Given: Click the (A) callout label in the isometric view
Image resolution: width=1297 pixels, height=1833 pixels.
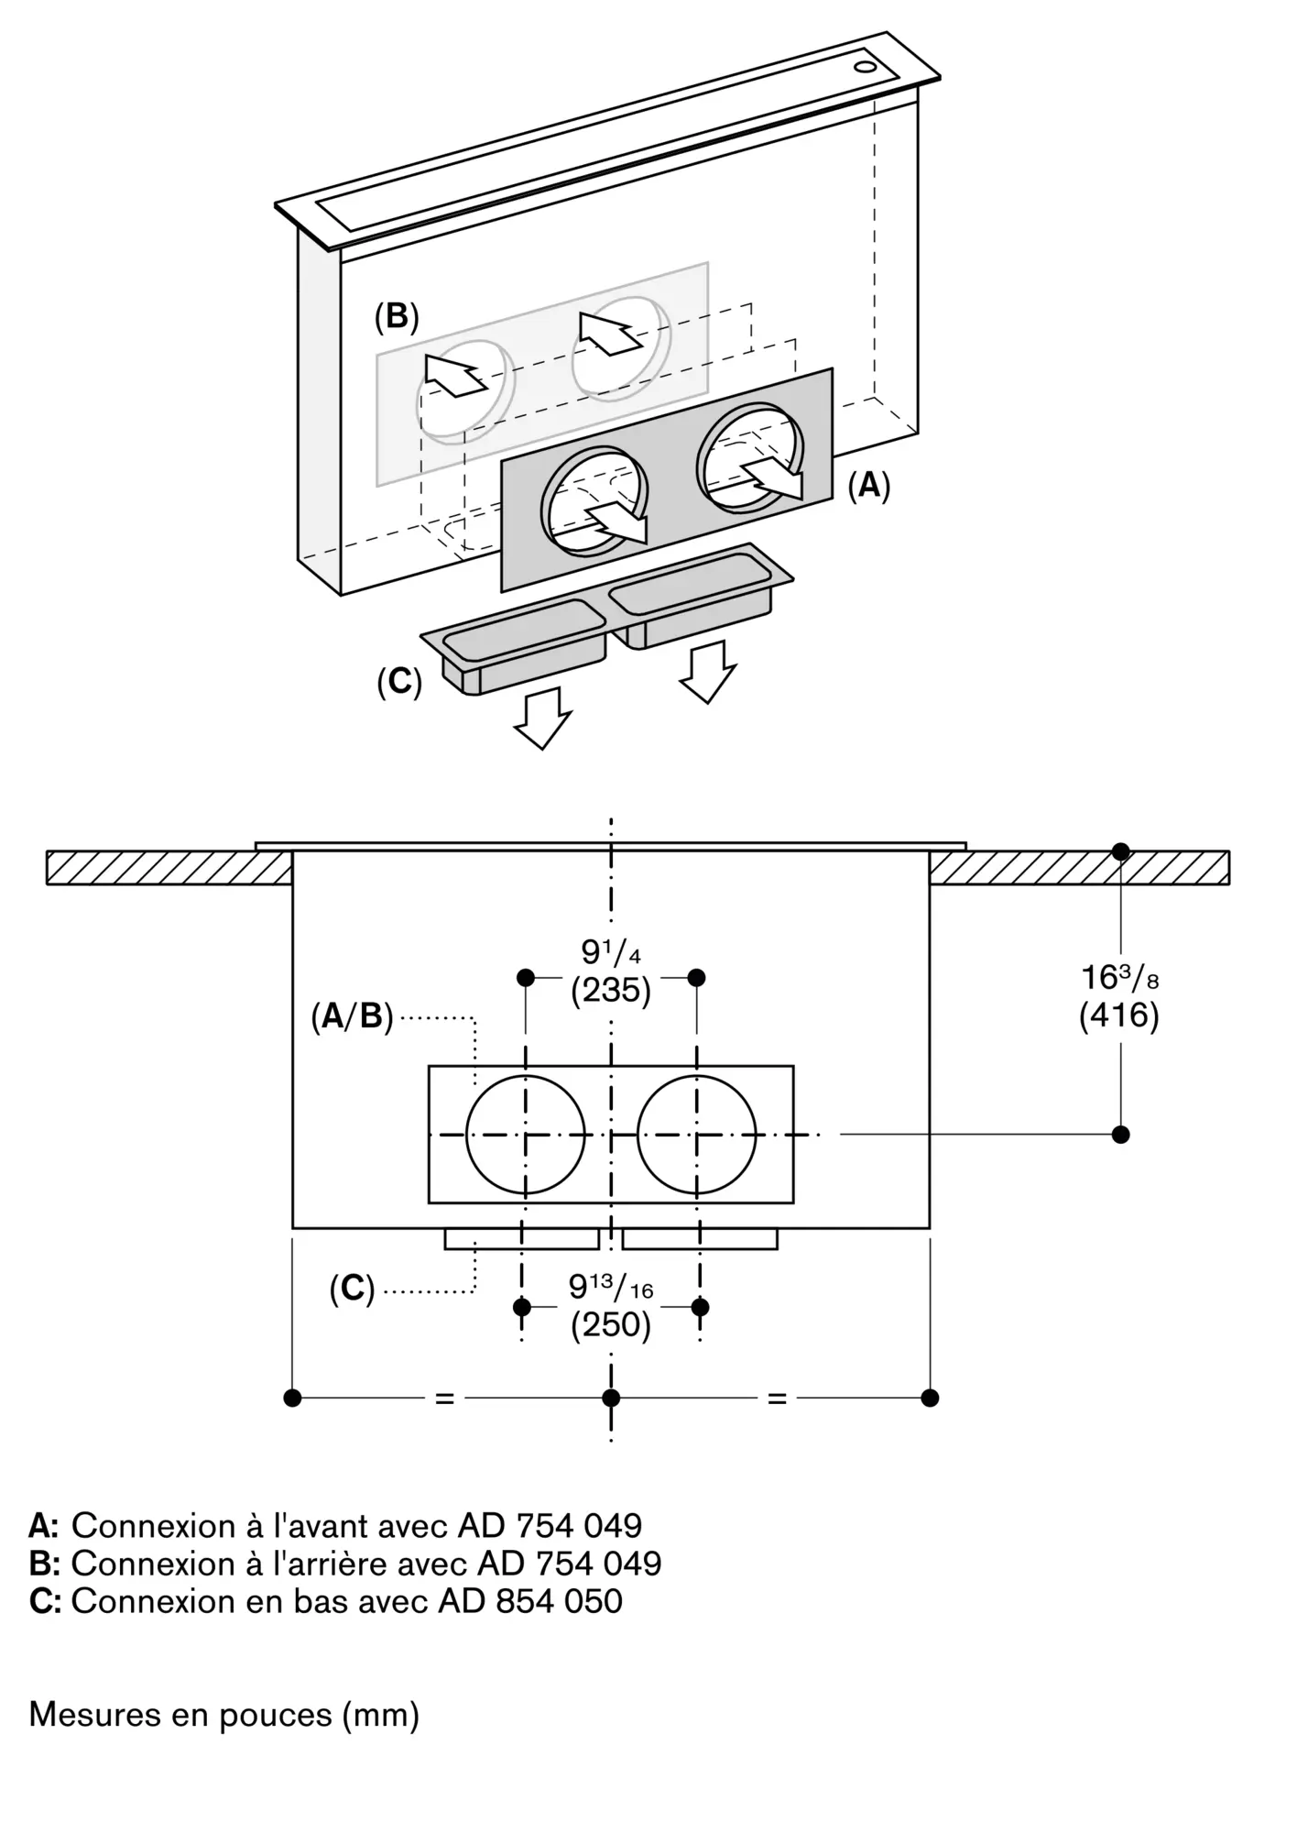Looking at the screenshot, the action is pyautogui.click(x=868, y=486).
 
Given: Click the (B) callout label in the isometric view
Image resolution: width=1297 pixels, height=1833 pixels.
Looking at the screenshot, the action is pyautogui.click(x=397, y=316).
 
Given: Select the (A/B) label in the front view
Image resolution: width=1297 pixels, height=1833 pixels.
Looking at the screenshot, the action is pyautogui.click(x=352, y=1017).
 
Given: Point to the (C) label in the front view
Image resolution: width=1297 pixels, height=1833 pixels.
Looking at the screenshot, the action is pyautogui.click(x=353, y=1290).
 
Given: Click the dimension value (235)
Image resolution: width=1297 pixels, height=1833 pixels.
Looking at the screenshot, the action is pyautogui.click(x=611, y=992).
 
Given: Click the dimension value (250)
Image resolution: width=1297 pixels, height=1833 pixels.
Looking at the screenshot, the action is pyautogui.click(x=611, y=1325).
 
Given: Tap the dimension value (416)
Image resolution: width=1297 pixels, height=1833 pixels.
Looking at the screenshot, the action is pyautogui.click(x=1119, y=1015).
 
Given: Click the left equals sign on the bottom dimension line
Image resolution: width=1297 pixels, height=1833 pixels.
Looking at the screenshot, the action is pyautogui.click(x=444, y=1399).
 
